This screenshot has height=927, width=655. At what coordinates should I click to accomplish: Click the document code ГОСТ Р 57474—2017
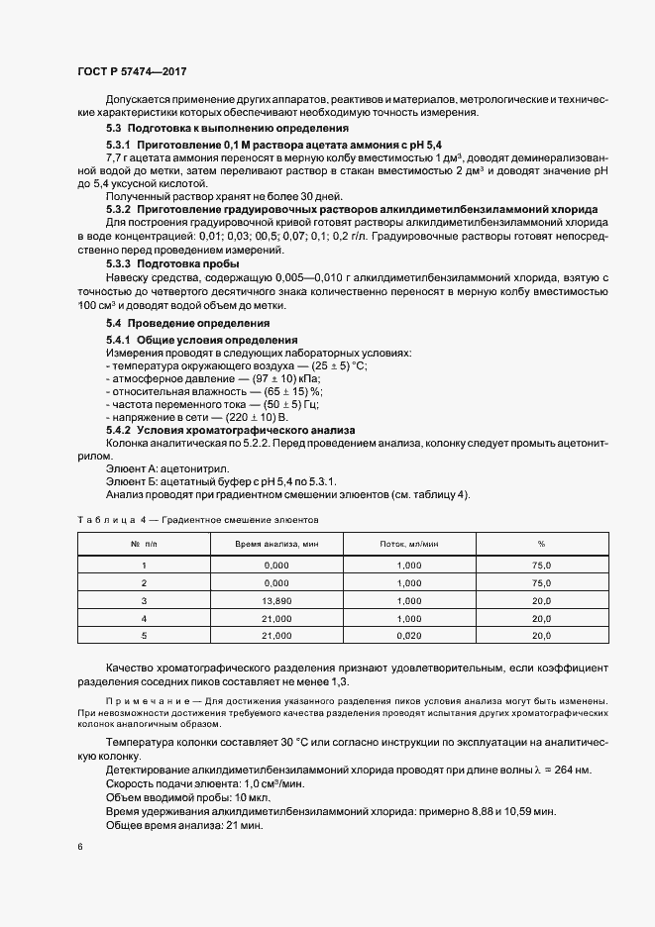point(132,72)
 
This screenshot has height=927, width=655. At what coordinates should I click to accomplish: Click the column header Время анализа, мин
point(277,545)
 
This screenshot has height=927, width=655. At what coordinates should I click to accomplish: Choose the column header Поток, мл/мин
point(409,545)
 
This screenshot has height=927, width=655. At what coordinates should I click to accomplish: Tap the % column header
point(541,545)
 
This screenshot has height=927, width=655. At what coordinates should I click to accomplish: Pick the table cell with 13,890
point(277,600)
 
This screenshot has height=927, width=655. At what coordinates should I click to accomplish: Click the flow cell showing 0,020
point(409,636)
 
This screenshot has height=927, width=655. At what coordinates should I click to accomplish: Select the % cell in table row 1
point(541,565)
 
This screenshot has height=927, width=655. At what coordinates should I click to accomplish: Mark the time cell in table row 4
point(277,618)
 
